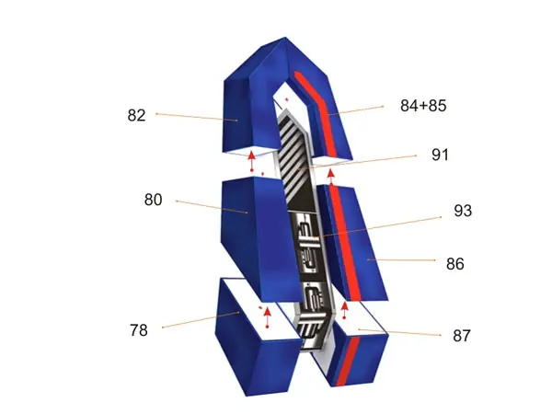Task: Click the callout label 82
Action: [136, 116]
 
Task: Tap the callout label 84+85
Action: [423, 106]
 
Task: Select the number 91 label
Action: [440, 155]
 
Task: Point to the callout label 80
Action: [153, 200]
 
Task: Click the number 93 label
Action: [463, 211]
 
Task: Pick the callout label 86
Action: [454, 264]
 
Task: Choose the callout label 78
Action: [138, 330]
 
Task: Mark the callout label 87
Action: [462, 336]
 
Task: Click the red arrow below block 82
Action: [251, 161]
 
